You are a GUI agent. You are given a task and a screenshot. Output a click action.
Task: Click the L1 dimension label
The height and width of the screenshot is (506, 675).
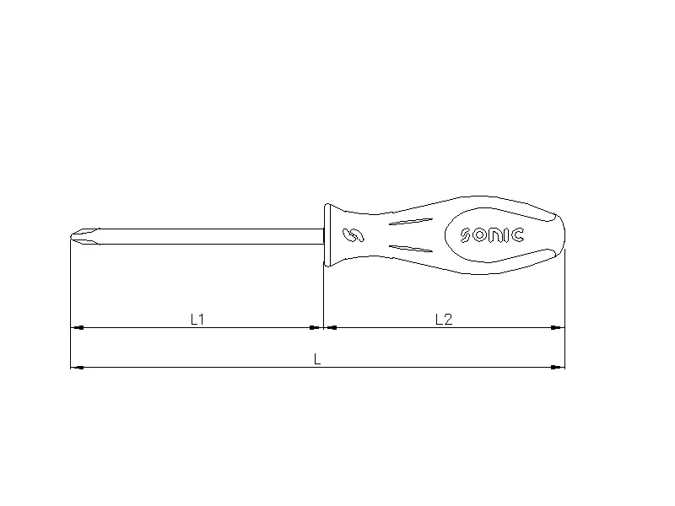coord(197,319)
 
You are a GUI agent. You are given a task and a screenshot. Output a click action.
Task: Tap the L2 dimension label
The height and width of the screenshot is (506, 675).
coord(444,319)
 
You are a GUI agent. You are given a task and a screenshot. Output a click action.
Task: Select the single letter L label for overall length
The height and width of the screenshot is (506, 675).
coord(317,358)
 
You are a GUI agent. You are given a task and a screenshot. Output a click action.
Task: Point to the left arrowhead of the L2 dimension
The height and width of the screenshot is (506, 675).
coord(330,327)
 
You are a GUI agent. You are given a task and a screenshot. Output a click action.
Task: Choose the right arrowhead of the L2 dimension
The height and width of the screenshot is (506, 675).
coord(559,327)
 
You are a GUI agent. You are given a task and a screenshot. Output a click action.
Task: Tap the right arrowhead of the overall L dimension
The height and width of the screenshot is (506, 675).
coord(559,367)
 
